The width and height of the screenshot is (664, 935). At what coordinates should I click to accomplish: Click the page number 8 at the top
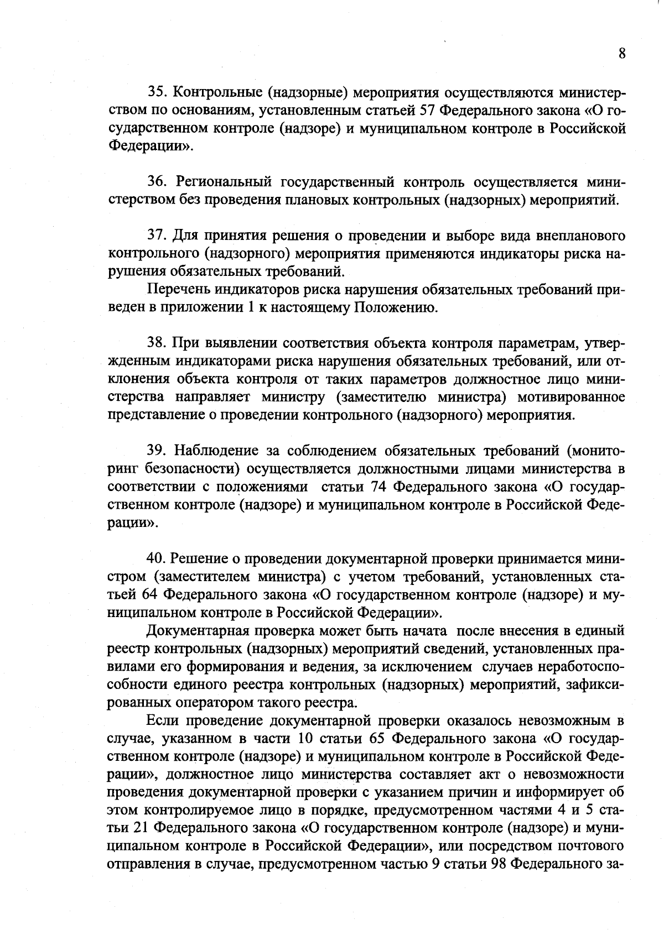tap(622, 53)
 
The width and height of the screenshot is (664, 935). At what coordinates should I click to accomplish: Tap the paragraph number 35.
tap(157, 92)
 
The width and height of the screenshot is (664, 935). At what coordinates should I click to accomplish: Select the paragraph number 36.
tap(157, 182)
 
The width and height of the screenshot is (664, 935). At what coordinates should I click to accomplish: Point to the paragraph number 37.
tap(157, 236)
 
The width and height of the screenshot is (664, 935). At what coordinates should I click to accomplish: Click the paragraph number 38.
tap(157, 343)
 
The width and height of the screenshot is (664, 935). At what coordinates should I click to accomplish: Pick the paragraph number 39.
tap(157, 451)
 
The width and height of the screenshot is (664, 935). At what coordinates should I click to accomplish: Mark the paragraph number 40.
tap(157, 559)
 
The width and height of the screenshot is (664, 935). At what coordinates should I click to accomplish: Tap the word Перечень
tap(177, 290)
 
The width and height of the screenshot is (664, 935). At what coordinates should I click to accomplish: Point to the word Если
tap(163, 720)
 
